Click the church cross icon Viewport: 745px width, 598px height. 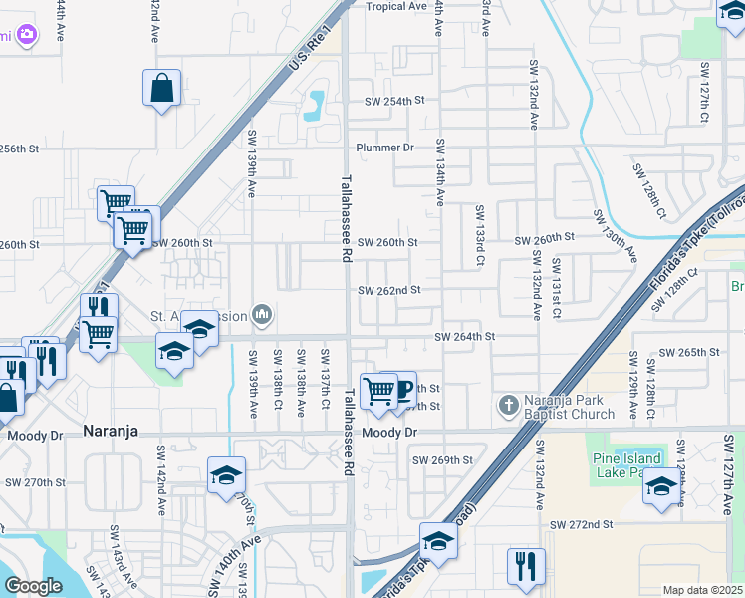[508, 406]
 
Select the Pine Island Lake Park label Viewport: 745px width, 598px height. [627, 465]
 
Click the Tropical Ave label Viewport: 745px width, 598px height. [395, 6]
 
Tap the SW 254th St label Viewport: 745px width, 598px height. [394, 101]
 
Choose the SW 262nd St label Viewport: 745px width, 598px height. [390, 290]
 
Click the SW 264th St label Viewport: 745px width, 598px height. [464, 337]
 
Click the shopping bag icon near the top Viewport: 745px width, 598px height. [161, 88]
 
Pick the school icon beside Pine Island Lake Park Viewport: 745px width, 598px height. [660, 488]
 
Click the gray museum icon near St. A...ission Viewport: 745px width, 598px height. [262, 316]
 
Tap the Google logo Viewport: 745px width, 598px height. [33, 586]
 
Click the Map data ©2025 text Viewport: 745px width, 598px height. [701, 590]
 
